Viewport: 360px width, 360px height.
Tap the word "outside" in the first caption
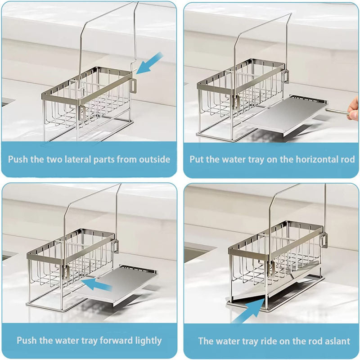pyautogui.click(x=154, y=159)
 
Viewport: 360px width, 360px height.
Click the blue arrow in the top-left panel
pyautogui.click(x=149, y=63)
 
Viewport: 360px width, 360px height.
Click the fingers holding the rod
pyautogui.click(x=354, y=108)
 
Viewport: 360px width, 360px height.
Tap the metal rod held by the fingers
pyautogui.click(x=337, y=111)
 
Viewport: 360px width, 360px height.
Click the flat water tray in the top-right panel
pyautogui.click(x=287, y=115)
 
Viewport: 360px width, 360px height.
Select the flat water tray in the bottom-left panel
pyautogui.click(x=117, y=285)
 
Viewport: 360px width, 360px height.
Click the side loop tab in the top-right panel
pyautogui.click(x=285, y=76)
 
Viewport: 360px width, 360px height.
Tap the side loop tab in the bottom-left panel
pyautogui.click(x=115, y=246)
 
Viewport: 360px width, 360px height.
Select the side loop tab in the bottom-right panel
pyautogui.click(x=324, y=240)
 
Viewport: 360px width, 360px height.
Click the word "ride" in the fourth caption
pyautogui.click(x=269, y=341)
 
